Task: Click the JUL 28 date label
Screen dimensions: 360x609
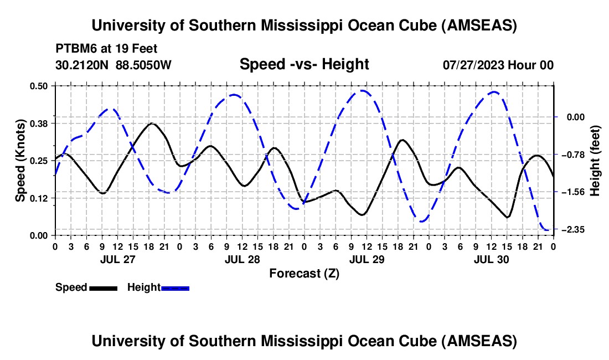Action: tap(242, 259)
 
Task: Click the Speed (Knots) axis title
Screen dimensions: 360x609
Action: tap(20, 161)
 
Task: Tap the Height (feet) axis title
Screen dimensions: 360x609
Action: tap(595, 161)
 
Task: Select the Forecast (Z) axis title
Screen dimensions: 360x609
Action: tap(304, 273)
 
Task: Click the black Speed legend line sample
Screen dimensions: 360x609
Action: tap(103, 288)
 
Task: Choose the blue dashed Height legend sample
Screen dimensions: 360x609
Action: tap(175, 288)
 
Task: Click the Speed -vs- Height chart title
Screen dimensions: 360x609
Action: tap(304, 64)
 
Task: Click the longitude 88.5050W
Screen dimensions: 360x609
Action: tap(144, 65)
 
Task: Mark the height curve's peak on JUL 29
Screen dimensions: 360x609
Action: tap(363, 90)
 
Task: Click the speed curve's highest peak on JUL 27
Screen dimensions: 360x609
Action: tap(152, 123)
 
